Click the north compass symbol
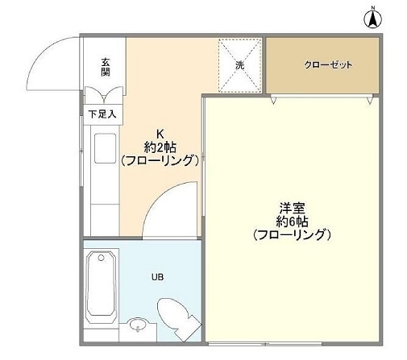point(374,18)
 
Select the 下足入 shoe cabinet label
point(102,114)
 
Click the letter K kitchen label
point(160,134)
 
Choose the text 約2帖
point(160,147)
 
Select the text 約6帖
point(291,221)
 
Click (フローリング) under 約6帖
point(291,235)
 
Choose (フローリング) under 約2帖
point(160,160)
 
